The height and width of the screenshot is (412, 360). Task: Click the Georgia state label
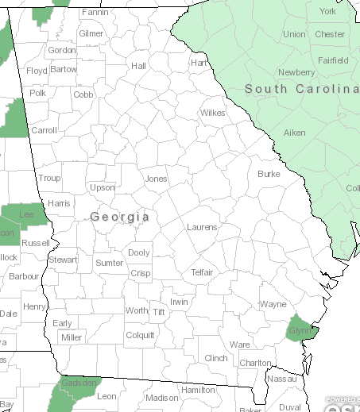coord(120,216)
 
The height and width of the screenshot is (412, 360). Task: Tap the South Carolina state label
coord(301,89)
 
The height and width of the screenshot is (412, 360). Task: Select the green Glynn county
coord(300,330)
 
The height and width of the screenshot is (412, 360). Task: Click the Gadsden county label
coord(79,383)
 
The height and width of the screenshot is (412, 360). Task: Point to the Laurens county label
coord(202,227)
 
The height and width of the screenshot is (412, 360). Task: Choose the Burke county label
coord(269,173)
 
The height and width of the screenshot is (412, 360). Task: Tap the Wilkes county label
coord(212,113)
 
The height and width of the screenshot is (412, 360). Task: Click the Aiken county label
coord(295,133)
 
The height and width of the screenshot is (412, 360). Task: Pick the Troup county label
coord(49,179)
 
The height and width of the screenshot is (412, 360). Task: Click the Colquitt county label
coord(140,335)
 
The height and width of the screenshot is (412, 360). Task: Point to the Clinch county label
coord(216,358)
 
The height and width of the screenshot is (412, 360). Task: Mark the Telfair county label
coord(202,272)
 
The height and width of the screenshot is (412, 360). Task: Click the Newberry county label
coord(296,72)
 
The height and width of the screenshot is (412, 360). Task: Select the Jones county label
coord(156,179)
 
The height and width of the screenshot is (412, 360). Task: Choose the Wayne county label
coord(273,304)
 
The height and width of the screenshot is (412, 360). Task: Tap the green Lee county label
coord(26,214)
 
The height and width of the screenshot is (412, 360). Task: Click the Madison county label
coord(162,398)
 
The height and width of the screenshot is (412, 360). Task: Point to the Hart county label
coord(199,62)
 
